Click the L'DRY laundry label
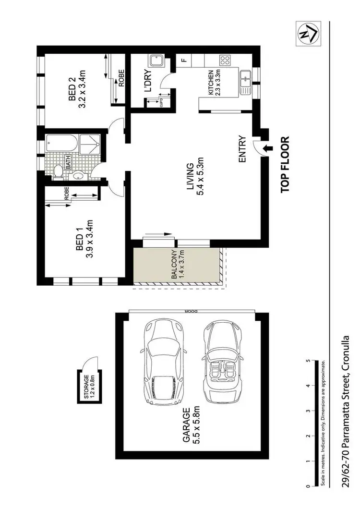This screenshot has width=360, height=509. pos(148,81)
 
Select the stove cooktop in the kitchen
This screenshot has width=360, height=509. pos(225,61)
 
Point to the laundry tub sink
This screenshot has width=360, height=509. pos(156,62)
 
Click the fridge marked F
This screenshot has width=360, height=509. pos(183,60)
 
